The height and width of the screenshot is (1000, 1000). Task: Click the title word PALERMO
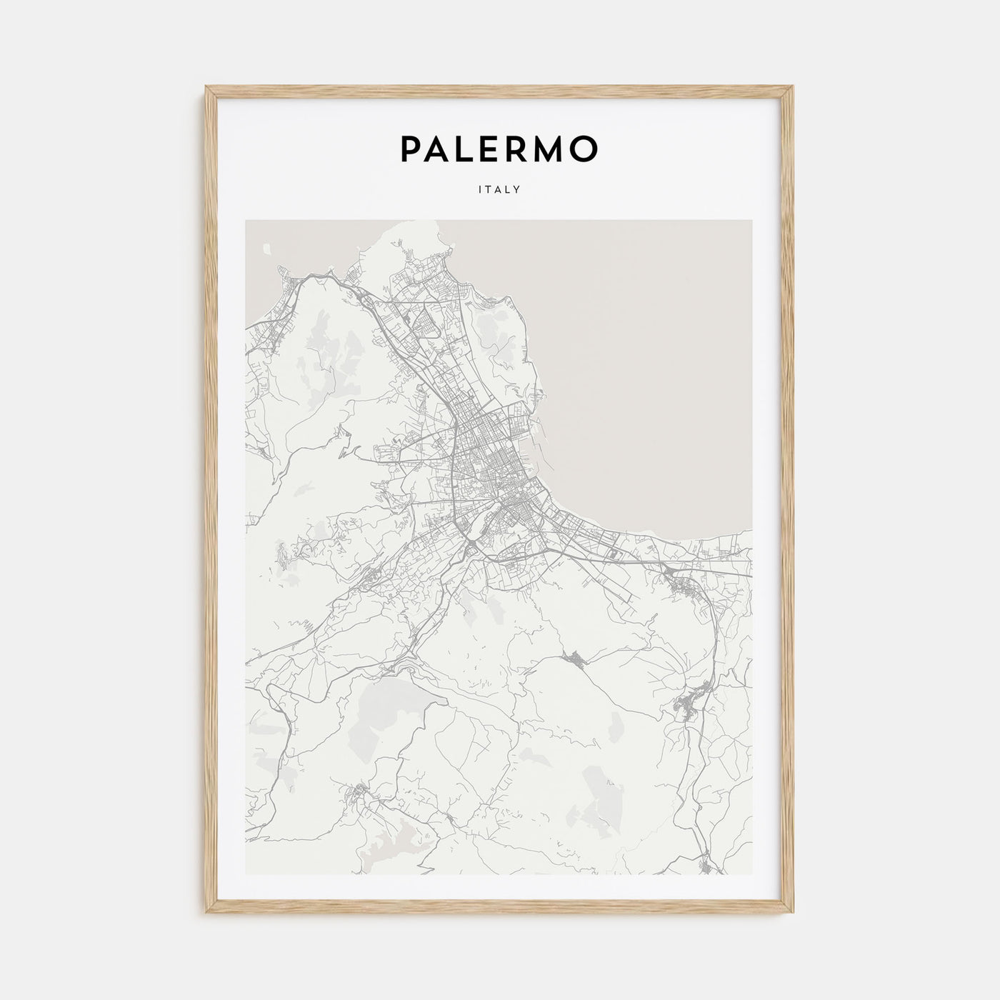point(499,149)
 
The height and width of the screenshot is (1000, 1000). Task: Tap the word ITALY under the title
point(499,190)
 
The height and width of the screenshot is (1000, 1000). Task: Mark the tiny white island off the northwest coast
point(266,249)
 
